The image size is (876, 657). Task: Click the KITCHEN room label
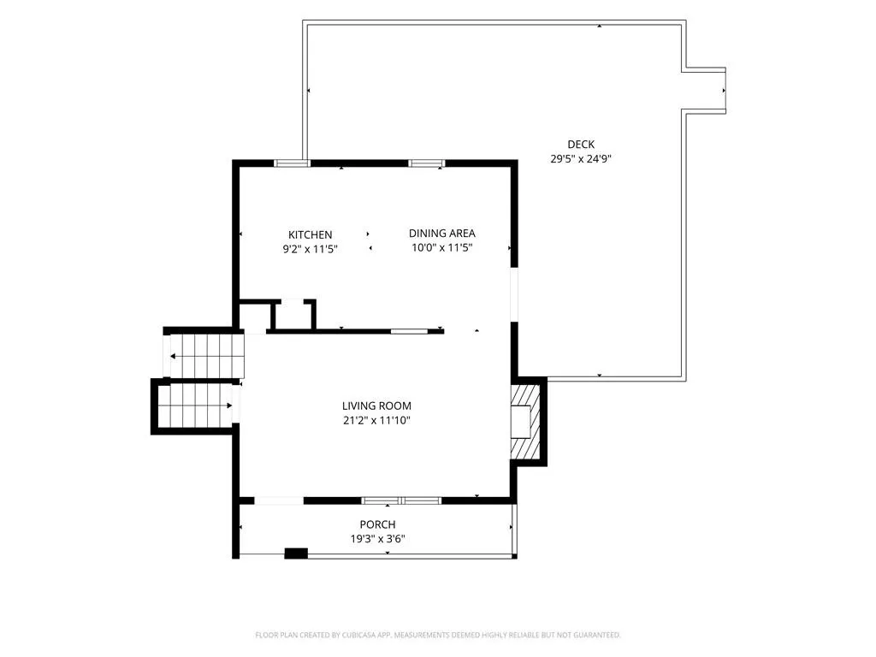pyautogui.click(x=310, y=234)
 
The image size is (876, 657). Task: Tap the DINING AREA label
pyautogui.click(x=442, y=233)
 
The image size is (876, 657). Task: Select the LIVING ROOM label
pyautogui.click(x=376, y=405)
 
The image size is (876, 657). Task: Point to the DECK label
pyautogui.click(x=581, y=144)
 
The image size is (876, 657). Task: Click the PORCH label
pyautogui.click(x=377, y=524)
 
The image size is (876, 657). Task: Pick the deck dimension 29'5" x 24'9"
pyautogui.click(x=581, y=158)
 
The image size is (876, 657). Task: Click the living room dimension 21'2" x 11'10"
pyautogui.click(x=376, y=420)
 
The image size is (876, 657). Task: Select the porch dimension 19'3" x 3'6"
pyautogui.click(x=377, y=539)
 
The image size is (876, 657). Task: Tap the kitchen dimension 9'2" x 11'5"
pyautogui.click(x=310, y=249)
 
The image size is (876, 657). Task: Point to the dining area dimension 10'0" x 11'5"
pyautogui.click(x=442, y=247)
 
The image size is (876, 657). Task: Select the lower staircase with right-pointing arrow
pyautogui.click(x=196, y=405)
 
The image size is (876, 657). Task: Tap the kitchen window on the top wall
pyautogui.click(x=292, y=163)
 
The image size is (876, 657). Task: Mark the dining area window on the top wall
pyautogui.click(x=426, y=163)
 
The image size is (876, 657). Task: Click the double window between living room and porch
pyautogui.click(x=402, y=500)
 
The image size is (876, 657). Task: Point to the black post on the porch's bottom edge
pyautogui.click(x=296, y=553)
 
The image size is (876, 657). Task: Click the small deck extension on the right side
pyautogui.click(x=705, y=91)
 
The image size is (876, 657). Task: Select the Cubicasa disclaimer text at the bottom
pyautogui.click(x=438, y=635)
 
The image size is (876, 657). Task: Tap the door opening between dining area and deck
pyautogui.click(x=514, y=295)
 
